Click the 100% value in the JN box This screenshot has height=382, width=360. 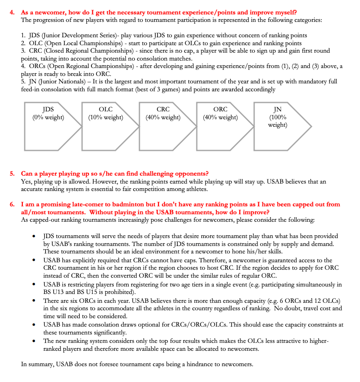click(x=278, y=117)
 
